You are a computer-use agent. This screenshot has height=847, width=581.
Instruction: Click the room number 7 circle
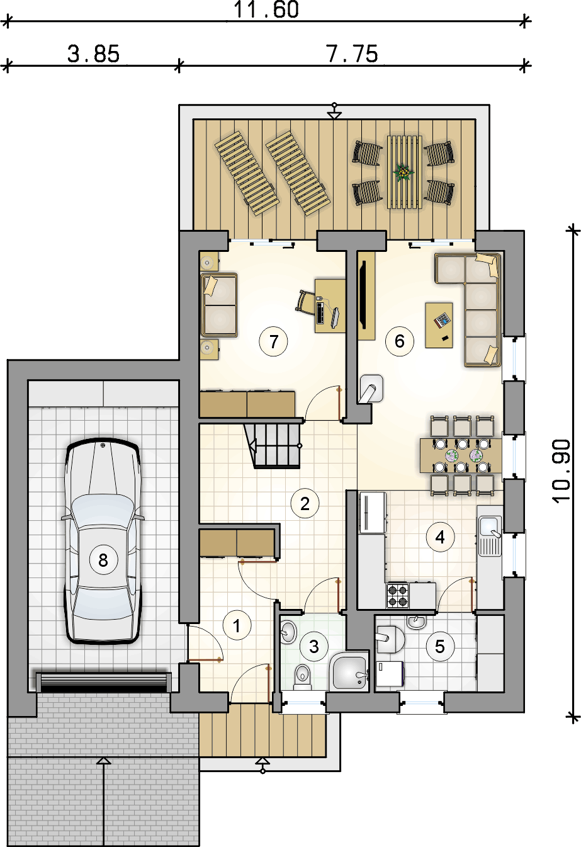[273, 341]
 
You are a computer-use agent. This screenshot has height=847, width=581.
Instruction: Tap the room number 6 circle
[400, 341]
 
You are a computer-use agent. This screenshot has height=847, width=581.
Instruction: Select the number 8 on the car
[103, 560]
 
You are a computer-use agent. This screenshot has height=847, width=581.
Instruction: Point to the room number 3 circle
[313, 647]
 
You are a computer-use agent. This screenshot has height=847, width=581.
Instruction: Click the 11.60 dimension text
[266, 10]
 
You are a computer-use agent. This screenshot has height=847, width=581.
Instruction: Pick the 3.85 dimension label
[93, 54]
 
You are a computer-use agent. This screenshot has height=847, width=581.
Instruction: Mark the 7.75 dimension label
[352, 54]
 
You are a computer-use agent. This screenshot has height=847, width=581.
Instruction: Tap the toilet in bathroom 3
[302, 677]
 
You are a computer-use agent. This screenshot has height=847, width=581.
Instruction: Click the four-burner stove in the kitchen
[398, 596]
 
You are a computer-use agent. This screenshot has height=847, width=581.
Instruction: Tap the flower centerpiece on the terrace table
[403, 173]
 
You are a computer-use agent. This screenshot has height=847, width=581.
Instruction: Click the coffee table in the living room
[439, 325]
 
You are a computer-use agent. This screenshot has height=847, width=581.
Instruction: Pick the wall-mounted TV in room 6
[362, 295]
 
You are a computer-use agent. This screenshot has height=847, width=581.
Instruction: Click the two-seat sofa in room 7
[219, 305]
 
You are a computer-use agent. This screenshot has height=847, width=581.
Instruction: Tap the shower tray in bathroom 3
[349, 672]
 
